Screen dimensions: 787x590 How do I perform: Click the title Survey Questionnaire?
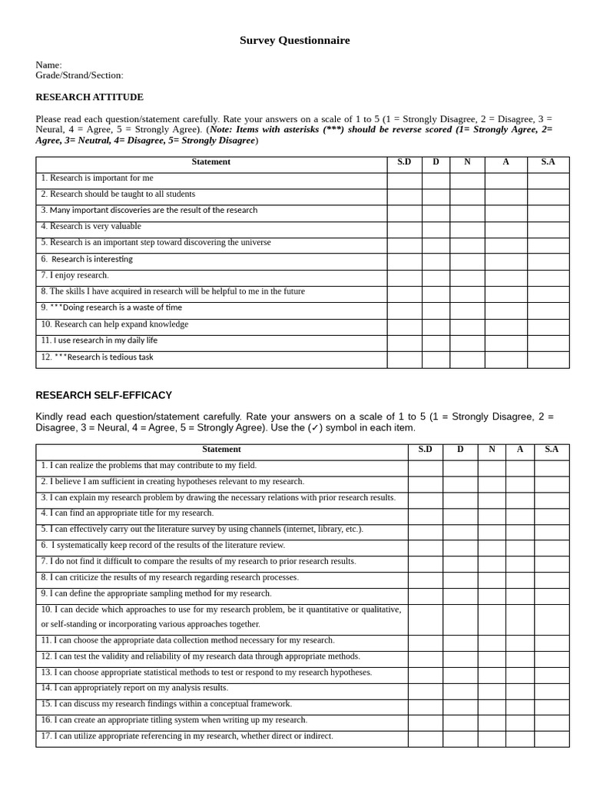[294, 41]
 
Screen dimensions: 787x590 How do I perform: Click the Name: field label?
[48, 65]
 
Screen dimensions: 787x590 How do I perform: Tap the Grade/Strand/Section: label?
[79, 75]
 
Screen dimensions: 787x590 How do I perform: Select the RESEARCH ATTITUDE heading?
[89, 98]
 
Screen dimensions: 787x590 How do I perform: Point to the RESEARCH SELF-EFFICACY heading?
[104, 395]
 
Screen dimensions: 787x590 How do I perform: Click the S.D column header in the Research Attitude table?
[404, 162]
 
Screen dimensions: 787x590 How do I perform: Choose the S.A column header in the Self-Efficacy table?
[552, 450]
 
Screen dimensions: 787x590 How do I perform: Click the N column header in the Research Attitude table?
[467, 162]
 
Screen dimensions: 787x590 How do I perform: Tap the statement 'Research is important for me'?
[98, 178]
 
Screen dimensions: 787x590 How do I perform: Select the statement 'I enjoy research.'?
[75, 275]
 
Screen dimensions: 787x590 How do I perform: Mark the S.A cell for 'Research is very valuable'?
[548, 227]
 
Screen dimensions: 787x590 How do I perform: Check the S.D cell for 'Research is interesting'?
[404, 259]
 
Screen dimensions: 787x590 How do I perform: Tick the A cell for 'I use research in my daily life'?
[505, 340]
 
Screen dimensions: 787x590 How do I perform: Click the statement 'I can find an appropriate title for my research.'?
[128, 513]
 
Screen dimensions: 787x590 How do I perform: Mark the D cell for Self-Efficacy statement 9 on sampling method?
[460, 594]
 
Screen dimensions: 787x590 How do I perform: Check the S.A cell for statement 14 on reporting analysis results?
[552, 689]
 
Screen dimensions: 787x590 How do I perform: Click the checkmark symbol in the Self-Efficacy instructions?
[316, 428]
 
